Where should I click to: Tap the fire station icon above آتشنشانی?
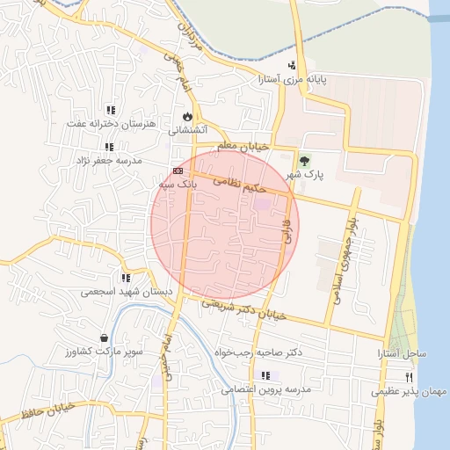point(186,116)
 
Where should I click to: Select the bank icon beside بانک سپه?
point(178,171)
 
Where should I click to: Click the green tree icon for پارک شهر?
point(304,161)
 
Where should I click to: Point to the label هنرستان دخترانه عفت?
point(115,124)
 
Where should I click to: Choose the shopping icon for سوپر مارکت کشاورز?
point(105,337)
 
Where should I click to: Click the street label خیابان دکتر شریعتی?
point(244,308)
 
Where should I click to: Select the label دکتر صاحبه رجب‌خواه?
point(260,352)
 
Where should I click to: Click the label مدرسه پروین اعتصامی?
point(267,388)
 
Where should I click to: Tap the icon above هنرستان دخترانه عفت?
point(111,110)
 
